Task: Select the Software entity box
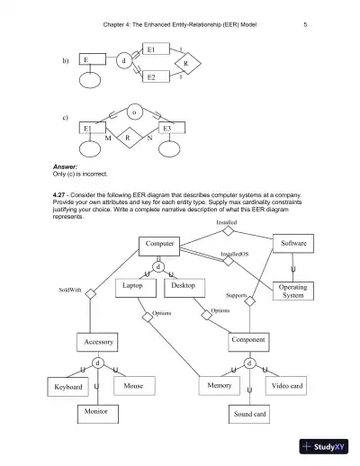pyautogui.click(x=295, y=244)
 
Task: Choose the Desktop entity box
pyautogui.click(x=185, y=286)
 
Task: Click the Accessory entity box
pyautogui.click(x=98, y=343)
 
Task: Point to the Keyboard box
pyautogui.click(x=68, y=388)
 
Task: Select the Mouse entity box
pyautogui.click(x=133, y=385)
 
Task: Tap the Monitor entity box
pyautogui.click(x=95, y=412)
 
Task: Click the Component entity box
pyautogui.click(x=247, y=343)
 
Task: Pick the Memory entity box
pyautogui.click(x=220, y=385)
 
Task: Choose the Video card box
pyautogui.click(x=287, y=386)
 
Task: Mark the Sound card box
pyautogui.click(x=249, y=415)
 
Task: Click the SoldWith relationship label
pyautogui.click(x=70, y=291)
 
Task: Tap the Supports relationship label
pyautogui.click(x=237, y=295)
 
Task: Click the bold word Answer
pyautogui.click(x=67, y=167)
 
